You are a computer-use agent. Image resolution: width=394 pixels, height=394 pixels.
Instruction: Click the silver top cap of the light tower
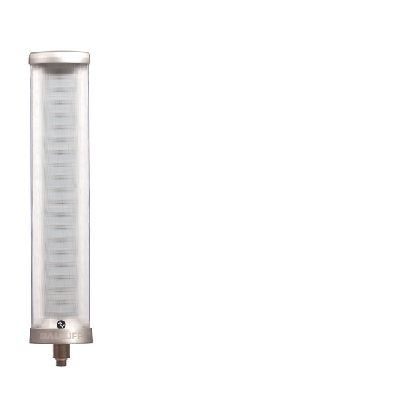[x=60, y=58]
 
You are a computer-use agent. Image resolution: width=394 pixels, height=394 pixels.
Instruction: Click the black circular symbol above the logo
[x=60, y=324]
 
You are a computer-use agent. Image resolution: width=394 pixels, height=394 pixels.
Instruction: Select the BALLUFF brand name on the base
[x=60, y=336]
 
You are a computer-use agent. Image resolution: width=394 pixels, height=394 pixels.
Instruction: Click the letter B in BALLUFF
[x=44, y=336]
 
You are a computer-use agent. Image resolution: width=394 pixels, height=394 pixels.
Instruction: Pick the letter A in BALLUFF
[x=49, y=336]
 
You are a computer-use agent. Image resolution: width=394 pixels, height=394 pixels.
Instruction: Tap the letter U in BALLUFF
[x=66, y=336]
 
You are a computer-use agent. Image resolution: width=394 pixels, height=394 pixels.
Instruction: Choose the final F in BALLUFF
[x=78, y=336]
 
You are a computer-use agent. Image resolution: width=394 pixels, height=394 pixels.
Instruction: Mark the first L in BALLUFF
[x=55, y=336]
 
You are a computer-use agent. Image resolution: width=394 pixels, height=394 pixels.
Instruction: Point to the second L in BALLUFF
[x=60, y=336]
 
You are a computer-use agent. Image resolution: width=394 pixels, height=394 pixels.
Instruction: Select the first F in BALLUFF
[x=72, y=336]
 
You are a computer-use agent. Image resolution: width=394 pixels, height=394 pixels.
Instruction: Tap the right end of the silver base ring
[x=90, y=336]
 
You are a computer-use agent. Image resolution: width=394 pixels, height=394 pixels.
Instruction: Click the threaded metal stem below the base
[x=60, y=352]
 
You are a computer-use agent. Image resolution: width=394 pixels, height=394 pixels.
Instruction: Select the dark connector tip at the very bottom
[x=60, y=363]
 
